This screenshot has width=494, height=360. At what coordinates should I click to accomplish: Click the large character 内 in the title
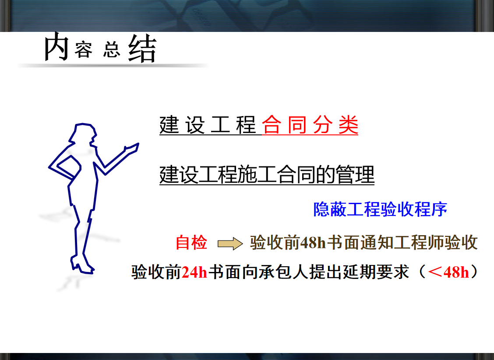tap(56, 46)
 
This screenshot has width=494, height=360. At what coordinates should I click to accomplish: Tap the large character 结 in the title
tap(142, 48)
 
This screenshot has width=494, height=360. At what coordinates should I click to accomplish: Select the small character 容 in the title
tap(84, 50)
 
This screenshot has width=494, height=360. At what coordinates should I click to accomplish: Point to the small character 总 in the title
tap(112, 50)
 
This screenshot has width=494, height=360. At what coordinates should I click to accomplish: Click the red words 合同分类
tap(310, 125)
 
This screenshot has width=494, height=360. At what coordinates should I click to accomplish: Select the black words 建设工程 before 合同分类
tap(208, 125)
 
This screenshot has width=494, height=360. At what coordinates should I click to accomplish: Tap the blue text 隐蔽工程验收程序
tap(380, 209)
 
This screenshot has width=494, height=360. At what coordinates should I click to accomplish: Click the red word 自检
tap(191, 243)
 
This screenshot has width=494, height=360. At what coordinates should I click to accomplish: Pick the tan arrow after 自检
tap(230, 244)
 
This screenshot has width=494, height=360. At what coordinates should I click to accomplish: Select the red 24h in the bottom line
tap(194, 272)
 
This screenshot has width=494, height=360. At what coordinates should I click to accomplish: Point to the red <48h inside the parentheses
tap(448, 272)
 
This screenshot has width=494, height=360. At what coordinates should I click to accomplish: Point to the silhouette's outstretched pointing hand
tap(132, 148)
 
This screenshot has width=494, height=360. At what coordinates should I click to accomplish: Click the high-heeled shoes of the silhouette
tap(82, 264)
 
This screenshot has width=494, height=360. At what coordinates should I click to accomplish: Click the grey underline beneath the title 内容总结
tap(113, 66)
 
